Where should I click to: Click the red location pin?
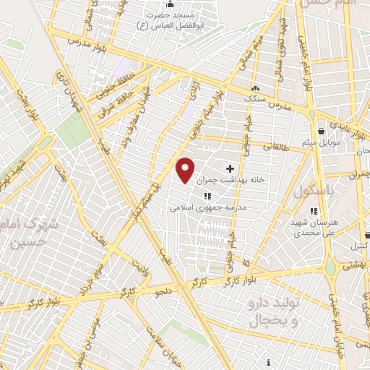pos(185,169)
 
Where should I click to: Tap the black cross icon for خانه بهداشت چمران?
pos(230,168)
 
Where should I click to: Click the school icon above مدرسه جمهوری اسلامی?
pos(207,196)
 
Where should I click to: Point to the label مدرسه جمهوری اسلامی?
pos(208,207)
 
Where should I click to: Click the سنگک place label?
pos(255,98)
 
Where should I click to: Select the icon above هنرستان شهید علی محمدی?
pos(313,211)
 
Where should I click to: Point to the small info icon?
pos(269,361)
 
